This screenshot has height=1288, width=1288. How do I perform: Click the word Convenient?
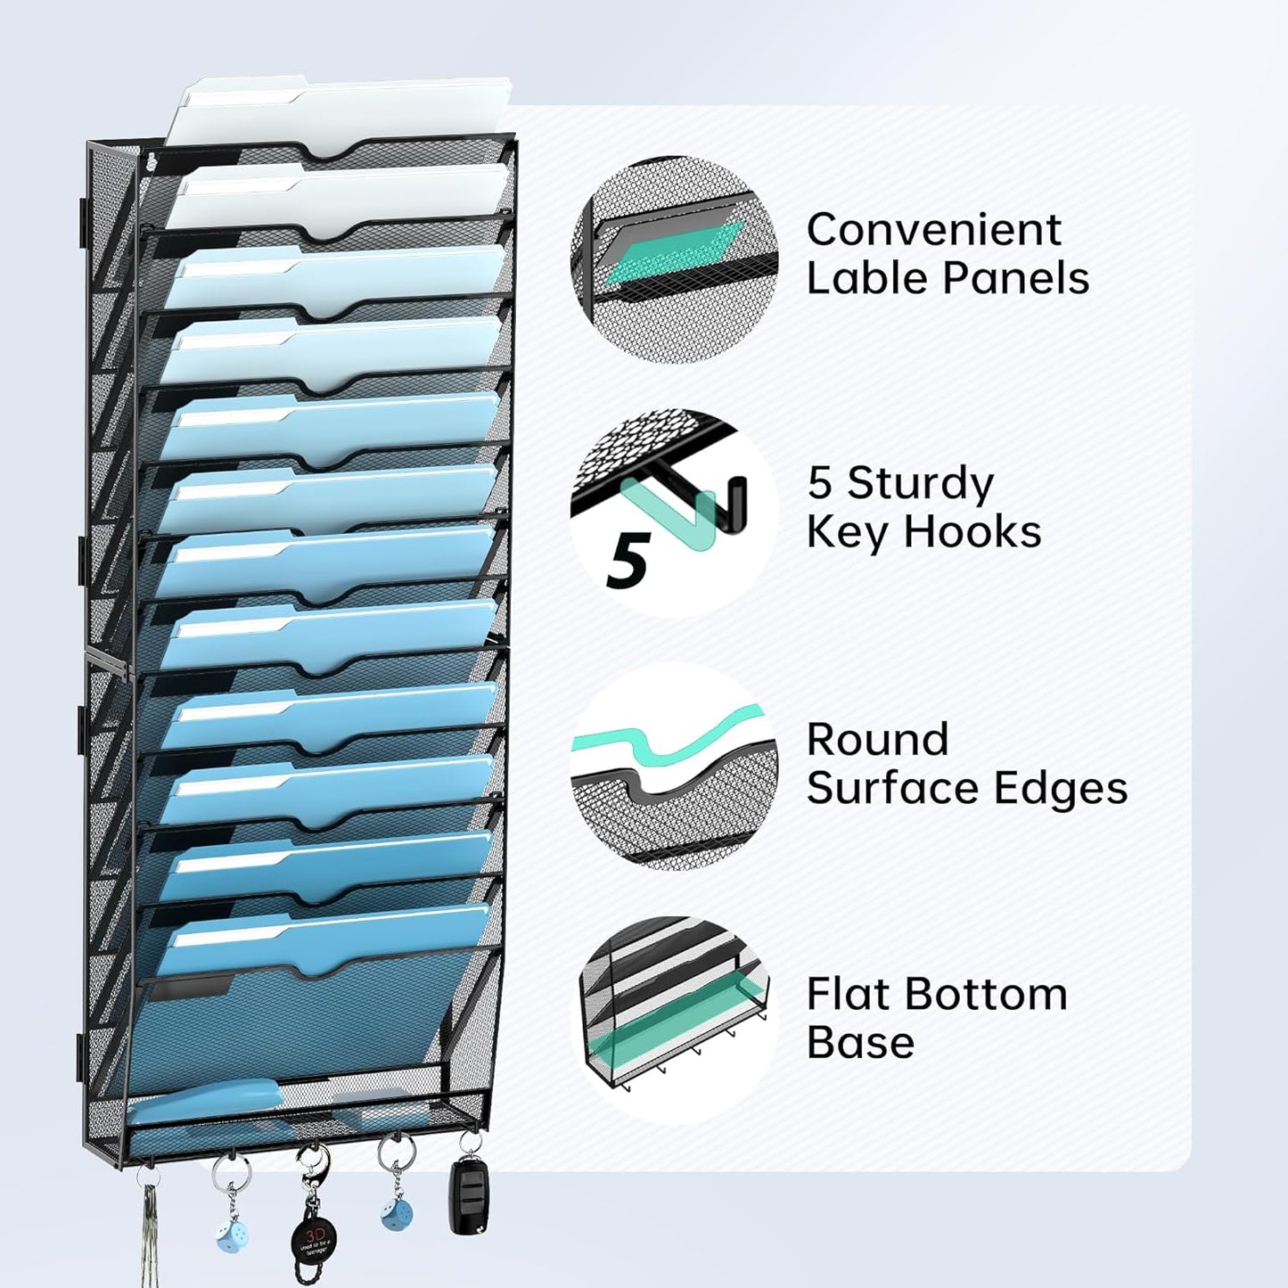coord(933,230)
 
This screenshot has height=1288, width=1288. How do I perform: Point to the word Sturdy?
coord(919,484)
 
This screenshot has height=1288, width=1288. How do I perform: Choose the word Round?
coord(877,740)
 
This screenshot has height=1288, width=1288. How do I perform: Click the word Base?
coord(860,1043)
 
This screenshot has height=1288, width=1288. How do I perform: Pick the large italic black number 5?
coord(628,560)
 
